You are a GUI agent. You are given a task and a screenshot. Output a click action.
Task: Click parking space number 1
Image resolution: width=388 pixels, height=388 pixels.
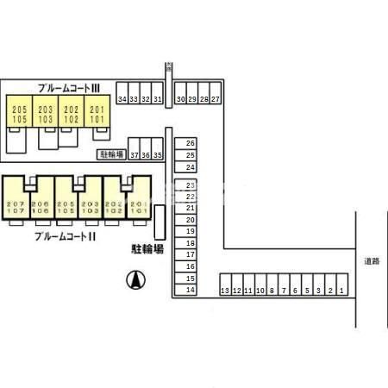pos(341,291)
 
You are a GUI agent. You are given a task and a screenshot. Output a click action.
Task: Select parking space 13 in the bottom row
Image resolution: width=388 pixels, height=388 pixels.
pos(224,291)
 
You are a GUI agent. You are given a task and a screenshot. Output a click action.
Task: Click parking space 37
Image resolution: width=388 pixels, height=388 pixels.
pos(135,155)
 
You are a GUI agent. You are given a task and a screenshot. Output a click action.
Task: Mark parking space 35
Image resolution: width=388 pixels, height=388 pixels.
pos(158,155)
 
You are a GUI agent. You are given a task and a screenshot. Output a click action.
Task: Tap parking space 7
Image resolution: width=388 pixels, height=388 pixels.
pos(283,291)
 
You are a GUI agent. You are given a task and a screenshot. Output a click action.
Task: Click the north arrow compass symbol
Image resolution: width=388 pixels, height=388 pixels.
pos(135,278)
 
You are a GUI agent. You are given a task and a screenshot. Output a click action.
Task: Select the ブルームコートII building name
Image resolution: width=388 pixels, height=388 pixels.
pos(65,236)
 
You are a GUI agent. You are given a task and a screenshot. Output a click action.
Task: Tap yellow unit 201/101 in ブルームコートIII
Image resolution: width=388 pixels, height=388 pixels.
pos(96,114)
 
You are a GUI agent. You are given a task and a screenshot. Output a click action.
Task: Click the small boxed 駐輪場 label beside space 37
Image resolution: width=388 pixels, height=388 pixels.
pos(110,155)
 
